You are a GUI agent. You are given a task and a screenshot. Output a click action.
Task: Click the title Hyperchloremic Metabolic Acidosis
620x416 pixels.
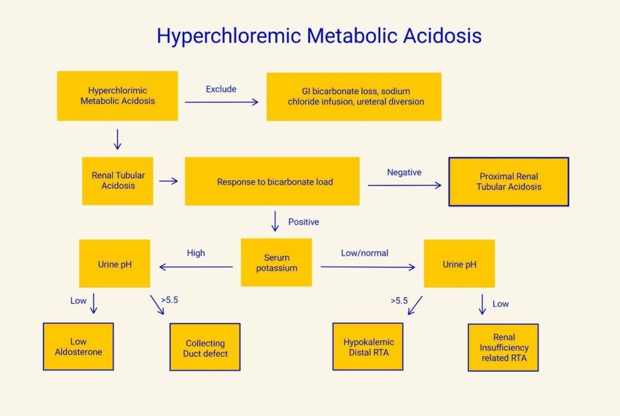click(x=319, y=36)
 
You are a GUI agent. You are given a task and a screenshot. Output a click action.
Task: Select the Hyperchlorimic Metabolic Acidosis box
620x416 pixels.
click(x=117, y=96)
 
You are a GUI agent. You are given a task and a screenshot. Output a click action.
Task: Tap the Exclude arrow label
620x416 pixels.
click(x=221, y=89)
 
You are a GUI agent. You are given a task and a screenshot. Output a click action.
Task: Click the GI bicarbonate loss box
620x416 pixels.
click(x=355, y=96)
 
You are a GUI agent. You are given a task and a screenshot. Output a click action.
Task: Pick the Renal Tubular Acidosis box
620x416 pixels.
click(x=118, y=180)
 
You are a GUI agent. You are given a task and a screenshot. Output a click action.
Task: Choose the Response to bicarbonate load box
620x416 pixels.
click(x=272, y=181)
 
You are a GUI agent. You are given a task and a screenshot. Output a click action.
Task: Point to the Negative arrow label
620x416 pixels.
click(x=404, y=173)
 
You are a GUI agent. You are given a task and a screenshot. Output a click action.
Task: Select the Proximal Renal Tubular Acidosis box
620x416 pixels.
click(x=509, y=182)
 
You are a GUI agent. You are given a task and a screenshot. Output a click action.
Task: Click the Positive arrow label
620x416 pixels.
click(x=303, y=222)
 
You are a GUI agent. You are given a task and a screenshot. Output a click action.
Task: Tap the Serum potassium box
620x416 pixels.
click(x=276, y=262)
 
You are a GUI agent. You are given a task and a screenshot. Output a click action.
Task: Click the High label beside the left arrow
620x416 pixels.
click(x=196, y=253)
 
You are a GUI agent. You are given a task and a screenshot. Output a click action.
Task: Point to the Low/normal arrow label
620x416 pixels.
click(x=364, y=253)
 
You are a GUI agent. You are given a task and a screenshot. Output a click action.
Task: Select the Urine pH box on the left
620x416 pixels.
click(x=114, y=264)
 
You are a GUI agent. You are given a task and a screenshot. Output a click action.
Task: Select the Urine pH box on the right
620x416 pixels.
click(x=459, y=264)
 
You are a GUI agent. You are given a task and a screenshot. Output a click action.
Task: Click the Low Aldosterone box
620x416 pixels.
click(x=78, y=346)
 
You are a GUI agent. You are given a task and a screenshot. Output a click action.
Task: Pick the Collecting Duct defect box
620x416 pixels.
click(x=205, y=348)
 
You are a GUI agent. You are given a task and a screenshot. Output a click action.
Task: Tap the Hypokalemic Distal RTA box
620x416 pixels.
click(x=368, y=347)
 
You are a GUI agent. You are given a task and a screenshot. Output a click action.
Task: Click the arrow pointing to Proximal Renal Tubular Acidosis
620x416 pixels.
click(x=404, y=185)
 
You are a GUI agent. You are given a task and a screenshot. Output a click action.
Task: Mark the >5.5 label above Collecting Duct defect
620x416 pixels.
click(x=170, y=300)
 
